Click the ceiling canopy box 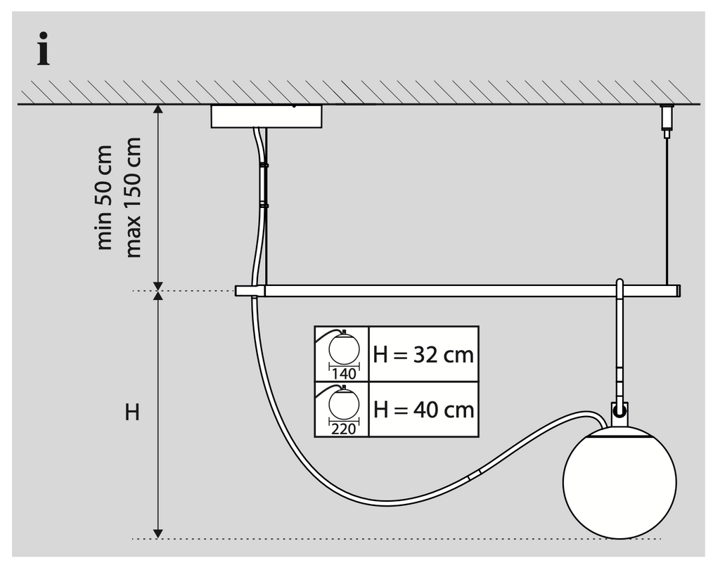(266, 117)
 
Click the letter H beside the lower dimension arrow (132, 413)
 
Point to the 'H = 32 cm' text (423, 354)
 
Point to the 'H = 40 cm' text (423, 409)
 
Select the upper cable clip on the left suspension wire (264, 165)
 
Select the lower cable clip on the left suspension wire (264, 205)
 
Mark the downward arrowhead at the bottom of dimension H (158, 532)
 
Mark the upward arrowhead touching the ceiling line (158, 110)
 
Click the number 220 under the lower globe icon (343, 429)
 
